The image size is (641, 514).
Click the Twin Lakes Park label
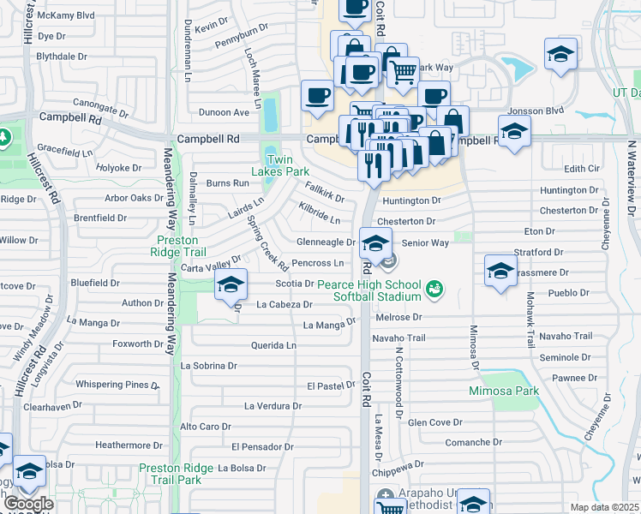coord(285,165)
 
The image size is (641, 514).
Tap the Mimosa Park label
coord(503,391)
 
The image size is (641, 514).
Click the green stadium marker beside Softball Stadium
coord(435,290)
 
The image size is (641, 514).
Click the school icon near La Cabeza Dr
coord(230,285)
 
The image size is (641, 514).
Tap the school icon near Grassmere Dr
coord(500,272)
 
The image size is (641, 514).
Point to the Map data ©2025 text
coord(604,507)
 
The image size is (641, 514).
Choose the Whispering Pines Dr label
coord(117,385)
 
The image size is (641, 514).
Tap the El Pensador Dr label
coord(262,447)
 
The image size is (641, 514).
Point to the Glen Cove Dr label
coord(434,422)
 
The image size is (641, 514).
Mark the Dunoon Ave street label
coord(224,112)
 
